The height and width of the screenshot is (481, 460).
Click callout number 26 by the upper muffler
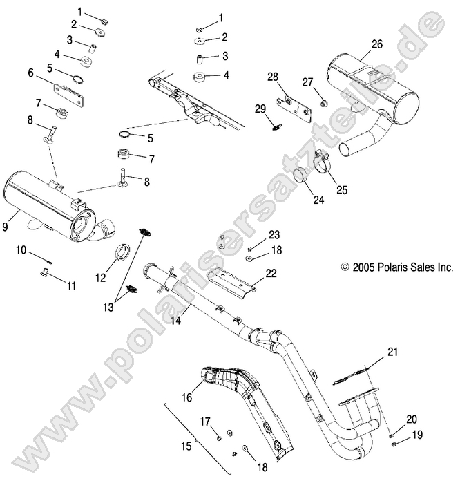[376, 44]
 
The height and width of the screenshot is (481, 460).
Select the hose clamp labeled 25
[323, 163]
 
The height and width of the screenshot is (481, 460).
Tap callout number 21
[392, 352]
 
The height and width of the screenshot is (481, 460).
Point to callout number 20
[411, 419]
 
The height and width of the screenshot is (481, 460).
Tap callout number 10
[21, 249]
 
